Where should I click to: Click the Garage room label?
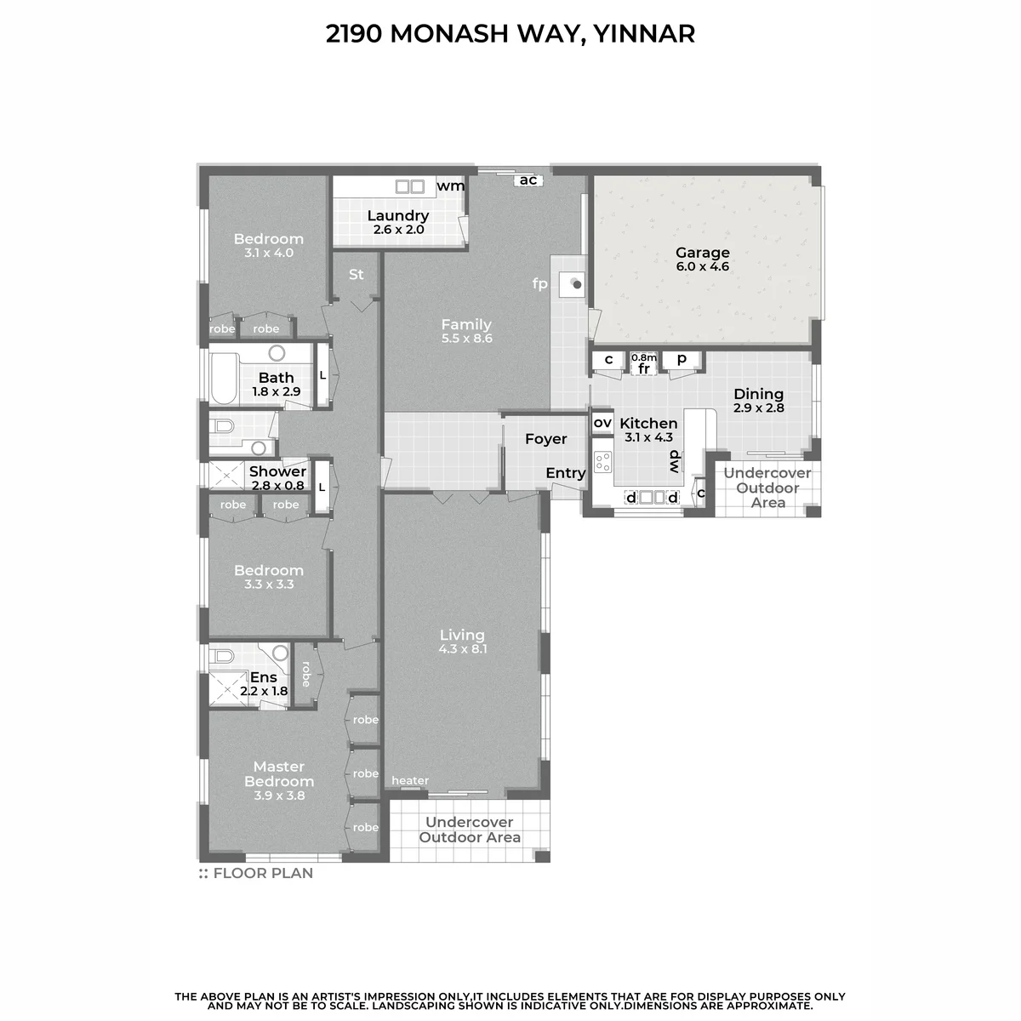702,252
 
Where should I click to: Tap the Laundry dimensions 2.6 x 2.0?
398,230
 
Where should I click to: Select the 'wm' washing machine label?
450,186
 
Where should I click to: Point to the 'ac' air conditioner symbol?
528,180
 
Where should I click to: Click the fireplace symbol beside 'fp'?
573,284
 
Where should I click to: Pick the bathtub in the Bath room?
224,379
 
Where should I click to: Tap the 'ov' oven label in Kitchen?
602,423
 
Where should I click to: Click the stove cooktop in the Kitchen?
602,461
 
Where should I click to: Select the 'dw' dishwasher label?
675,461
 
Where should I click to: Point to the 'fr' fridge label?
644,368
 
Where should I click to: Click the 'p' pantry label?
682,359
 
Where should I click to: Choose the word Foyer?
545,439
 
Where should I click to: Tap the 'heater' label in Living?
410,780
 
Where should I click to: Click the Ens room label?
263,677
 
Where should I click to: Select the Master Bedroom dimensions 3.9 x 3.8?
279,796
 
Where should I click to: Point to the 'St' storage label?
356,275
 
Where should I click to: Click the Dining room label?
758,394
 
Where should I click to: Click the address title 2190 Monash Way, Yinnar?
510,33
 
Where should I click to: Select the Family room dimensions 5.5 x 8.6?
467,338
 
